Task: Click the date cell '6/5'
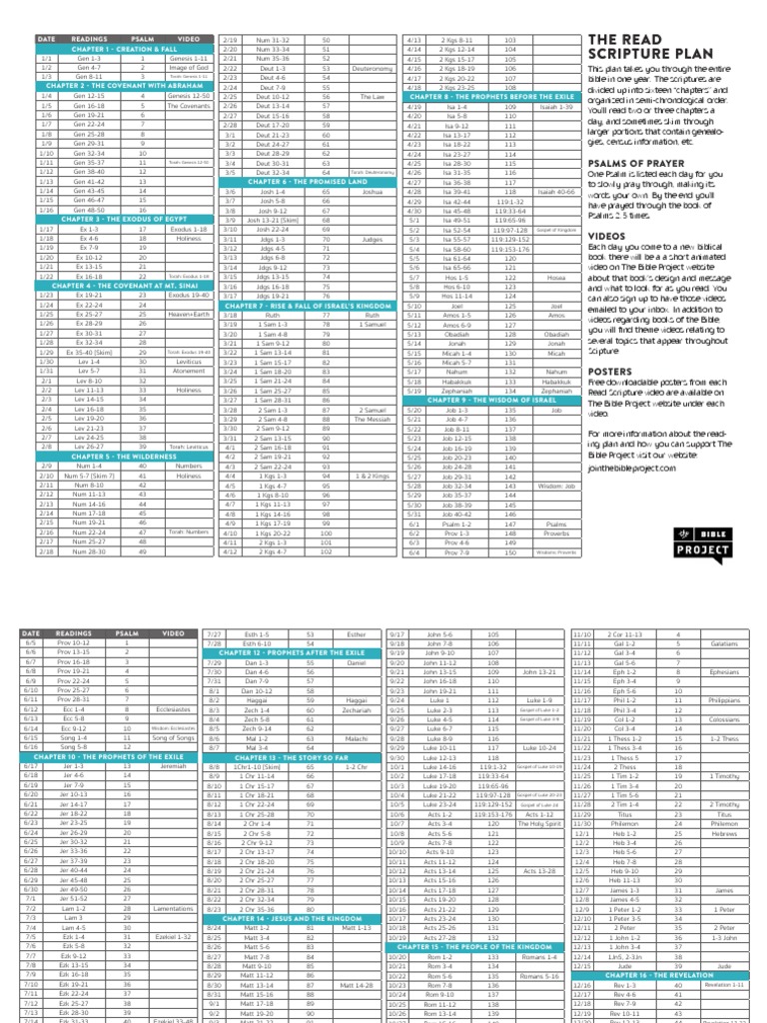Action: coord(32,644)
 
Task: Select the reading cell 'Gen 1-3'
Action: coord(91,58)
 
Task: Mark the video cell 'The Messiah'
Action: coord(372,420)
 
